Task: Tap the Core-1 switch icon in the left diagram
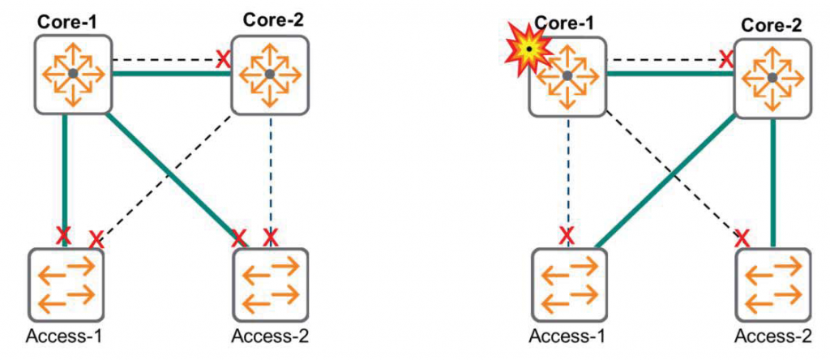pyautogui.click(x=73, y=74)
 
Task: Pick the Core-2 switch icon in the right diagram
pyautogui.click(x=772, y=76)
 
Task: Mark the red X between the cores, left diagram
pyautogui.click(x=220, y=58)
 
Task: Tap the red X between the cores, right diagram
pyautogui.click(x=726, y=58)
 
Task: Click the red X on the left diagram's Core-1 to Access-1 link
pyautogui.click(x=64, y=236)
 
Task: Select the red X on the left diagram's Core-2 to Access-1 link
pyautogui.click(x=96, y=239)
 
